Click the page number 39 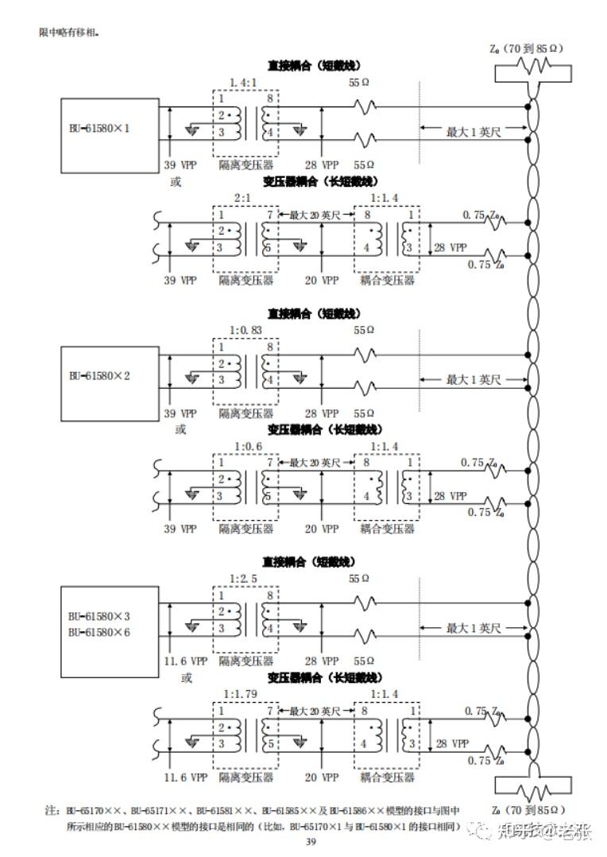(311, 842)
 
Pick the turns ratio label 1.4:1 (243, 82)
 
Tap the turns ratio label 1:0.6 (244, 448)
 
